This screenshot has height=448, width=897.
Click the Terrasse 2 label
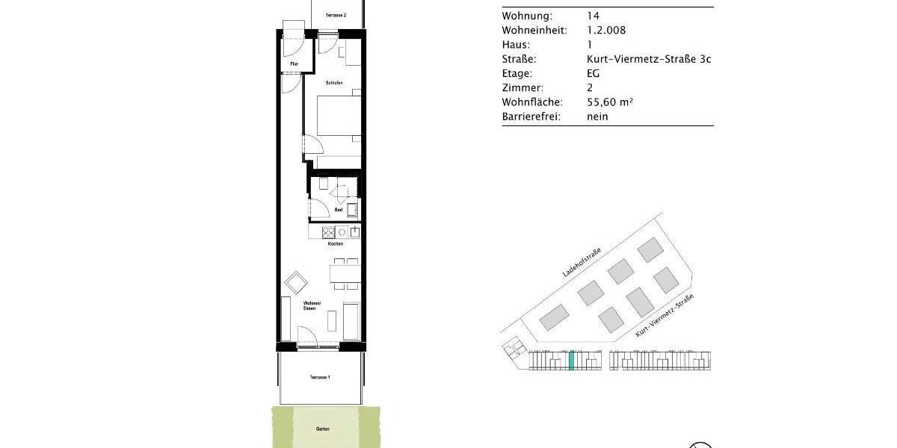tap(335, 15)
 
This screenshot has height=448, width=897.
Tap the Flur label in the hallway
tap(295, 64)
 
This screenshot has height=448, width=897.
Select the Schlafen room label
tap(334, 82)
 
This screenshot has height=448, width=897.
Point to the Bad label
tap(338, 210)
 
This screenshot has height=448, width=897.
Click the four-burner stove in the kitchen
tap(327, 232)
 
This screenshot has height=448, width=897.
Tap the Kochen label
tap(335, 244)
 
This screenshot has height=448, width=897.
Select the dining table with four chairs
tap(345, 273)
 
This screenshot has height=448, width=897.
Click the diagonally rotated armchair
tap(297, 282)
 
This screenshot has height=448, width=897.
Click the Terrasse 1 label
tap(320, 377)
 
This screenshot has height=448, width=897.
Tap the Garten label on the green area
tap(323, 429)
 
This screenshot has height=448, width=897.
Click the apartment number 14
tap(594, 16)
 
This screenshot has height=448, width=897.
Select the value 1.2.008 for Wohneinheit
tap(606, 31)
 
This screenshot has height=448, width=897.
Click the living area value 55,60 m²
tap(610, 102)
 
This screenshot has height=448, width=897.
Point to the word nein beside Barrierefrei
tap(597, 116)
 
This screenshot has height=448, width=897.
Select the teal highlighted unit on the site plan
tap(571, 361)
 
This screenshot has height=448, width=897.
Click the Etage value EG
tap(594, 74)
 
